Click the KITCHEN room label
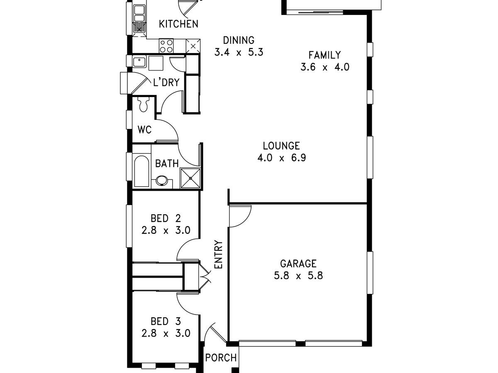pos(178,24)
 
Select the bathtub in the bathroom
pos(142,171)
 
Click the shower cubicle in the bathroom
pos(190,178)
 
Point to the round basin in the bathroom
pos(161,181)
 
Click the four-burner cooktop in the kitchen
pos(166,46)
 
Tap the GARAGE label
pos(298,264)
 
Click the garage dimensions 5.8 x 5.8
pos(298,276)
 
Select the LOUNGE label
pos(281,146)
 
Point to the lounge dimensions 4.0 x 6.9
pos(281,158)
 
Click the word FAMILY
pos(325,55)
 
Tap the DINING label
pos(239,40)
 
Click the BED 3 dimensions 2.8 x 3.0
pos(166,333)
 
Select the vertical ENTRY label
pos(219,254)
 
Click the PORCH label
pos(221,357)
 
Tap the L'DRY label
pos(166,82)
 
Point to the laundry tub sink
pos(139,62)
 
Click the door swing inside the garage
pos(240,216)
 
